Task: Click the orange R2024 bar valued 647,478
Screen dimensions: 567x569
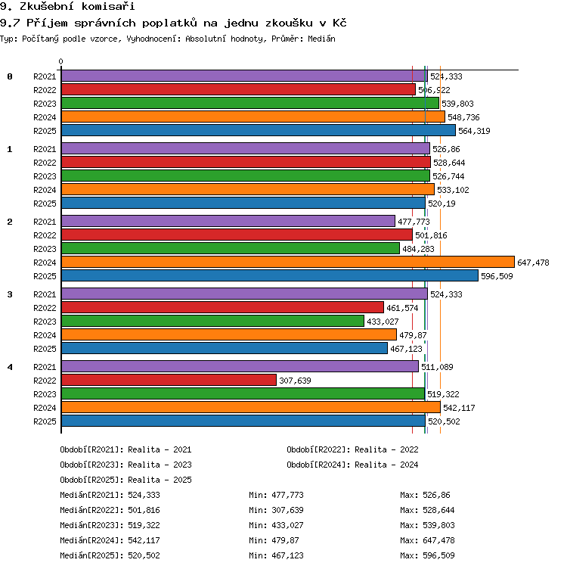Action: (x=288, y=262)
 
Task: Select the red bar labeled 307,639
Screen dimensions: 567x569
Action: (x=169, y=380)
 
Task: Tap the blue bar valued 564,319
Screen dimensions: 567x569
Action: (x=259, y=130)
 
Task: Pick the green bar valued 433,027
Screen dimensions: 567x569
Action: (x=212, y=321)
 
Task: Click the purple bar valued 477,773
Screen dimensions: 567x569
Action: (x=228, y=221)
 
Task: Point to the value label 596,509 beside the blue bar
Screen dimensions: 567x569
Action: (x=497, y=276)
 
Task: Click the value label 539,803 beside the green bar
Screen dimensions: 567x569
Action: (x=457, y=104)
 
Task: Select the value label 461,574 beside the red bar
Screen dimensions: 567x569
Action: (x=402, y=308)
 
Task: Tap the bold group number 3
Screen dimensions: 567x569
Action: (x=10, y=294)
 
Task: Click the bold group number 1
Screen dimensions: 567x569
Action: (x=10, y=149)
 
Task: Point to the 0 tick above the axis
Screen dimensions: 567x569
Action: (x=61, y=61)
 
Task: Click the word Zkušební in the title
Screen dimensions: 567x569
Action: (x=46, y=6)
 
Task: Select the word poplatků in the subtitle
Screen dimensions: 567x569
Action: (x=169, y=23)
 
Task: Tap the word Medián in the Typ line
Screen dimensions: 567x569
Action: (x=321, y=39)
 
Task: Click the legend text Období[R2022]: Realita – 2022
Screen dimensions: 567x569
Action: (x=352, y=449)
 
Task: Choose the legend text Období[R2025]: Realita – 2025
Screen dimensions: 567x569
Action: (x=125, y=480)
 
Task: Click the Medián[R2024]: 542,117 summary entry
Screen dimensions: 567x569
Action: (x=110, y=540)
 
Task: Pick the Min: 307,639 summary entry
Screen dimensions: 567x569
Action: (x=276, y=510)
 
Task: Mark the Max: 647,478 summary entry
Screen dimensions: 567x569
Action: (x=427, y=540)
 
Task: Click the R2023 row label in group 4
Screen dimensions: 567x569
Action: (x=45, y=394)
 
